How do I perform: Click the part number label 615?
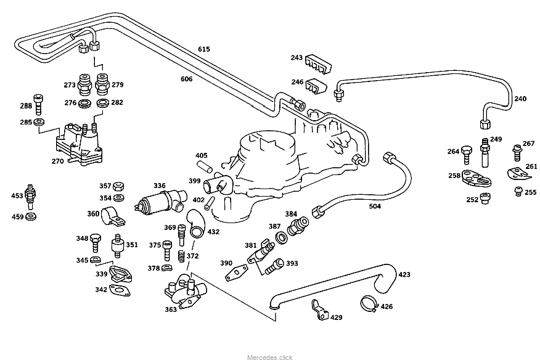(204, 49)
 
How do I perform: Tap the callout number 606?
(186, 79)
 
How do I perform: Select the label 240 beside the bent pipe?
(520, 99)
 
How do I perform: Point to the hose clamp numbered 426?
(369, 303)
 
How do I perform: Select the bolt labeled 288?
(39, 105)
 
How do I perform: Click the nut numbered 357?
(120, 186)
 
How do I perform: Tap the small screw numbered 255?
(518, 192)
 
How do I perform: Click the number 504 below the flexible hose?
(375, 207)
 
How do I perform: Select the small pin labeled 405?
(205, 166)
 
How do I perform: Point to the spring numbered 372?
(181, 255)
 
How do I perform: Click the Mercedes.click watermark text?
(270, 357)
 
